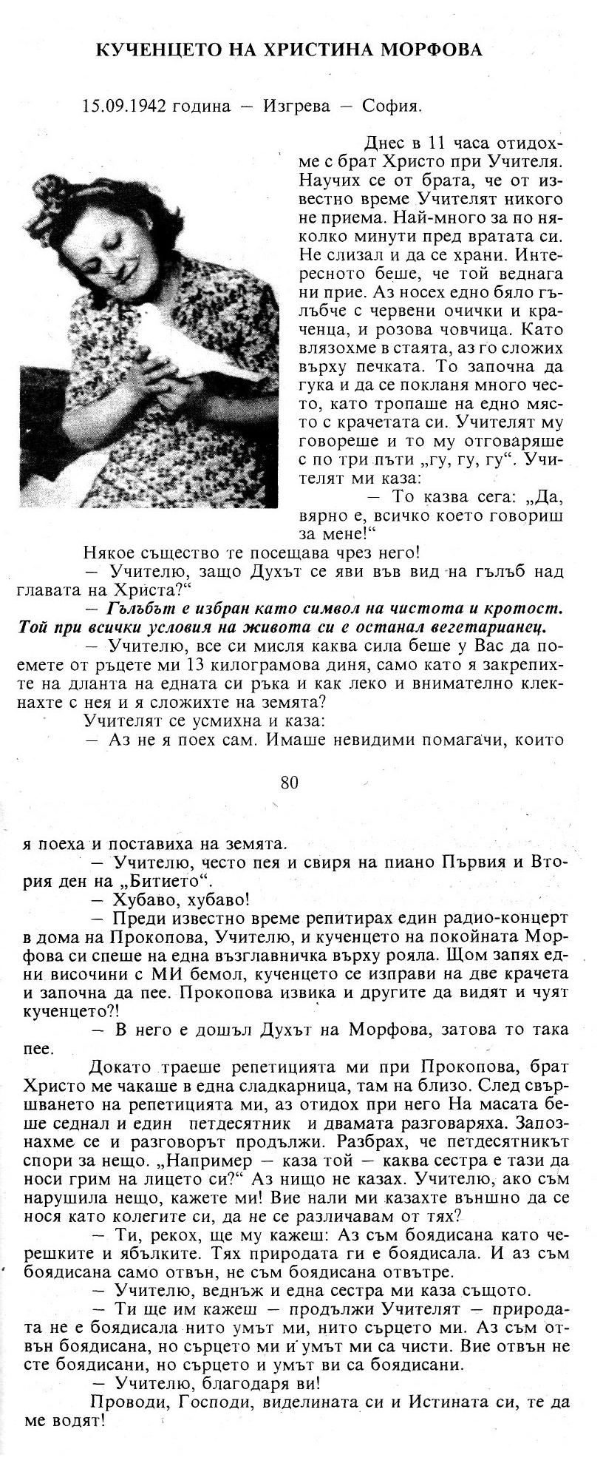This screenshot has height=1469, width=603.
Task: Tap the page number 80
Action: tap(290, 782)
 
